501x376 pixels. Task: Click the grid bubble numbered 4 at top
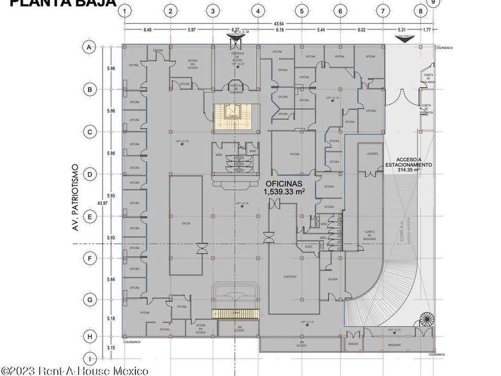click(257, 11)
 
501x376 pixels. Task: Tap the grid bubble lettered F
click(89, 259)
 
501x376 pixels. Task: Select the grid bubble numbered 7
click(381, 11)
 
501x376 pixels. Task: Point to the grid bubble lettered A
click(89, 47)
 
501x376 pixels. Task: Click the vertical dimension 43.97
click(103, 204)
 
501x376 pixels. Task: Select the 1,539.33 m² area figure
click(284, 192)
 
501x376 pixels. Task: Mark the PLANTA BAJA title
click(67, 4)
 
